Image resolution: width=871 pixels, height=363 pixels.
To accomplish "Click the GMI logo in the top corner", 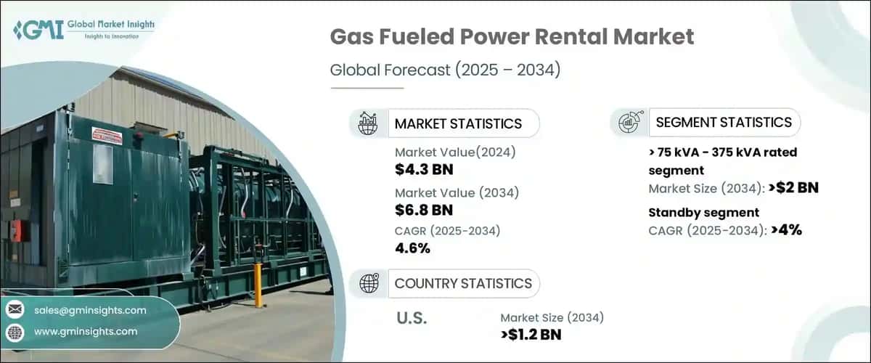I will coord(83,29).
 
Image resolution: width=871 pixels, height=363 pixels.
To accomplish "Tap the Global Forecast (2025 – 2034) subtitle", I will coord(445,70).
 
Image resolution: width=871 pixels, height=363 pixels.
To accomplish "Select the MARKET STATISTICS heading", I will coord(458,123).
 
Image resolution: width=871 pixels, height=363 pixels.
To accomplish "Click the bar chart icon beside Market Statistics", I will coord(368,123).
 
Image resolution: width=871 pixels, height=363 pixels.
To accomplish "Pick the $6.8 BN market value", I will coord(424,211).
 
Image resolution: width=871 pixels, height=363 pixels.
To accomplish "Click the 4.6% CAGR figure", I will coord(413,248).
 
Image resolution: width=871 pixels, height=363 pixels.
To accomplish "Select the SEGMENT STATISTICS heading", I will coord(724,122).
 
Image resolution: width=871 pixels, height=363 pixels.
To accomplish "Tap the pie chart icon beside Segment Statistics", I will coord(628,122).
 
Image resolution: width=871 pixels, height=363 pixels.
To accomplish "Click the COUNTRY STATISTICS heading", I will coord(463,283).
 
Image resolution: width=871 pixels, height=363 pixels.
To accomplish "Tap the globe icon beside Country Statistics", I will coord(368,283).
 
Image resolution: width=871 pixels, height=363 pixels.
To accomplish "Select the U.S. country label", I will coord(412,318).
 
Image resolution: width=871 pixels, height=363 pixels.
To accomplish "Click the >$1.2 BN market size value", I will coord(531,334).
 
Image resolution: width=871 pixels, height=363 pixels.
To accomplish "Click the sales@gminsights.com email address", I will coord(90,310).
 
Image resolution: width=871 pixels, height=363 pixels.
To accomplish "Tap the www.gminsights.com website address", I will coord(85,331).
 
